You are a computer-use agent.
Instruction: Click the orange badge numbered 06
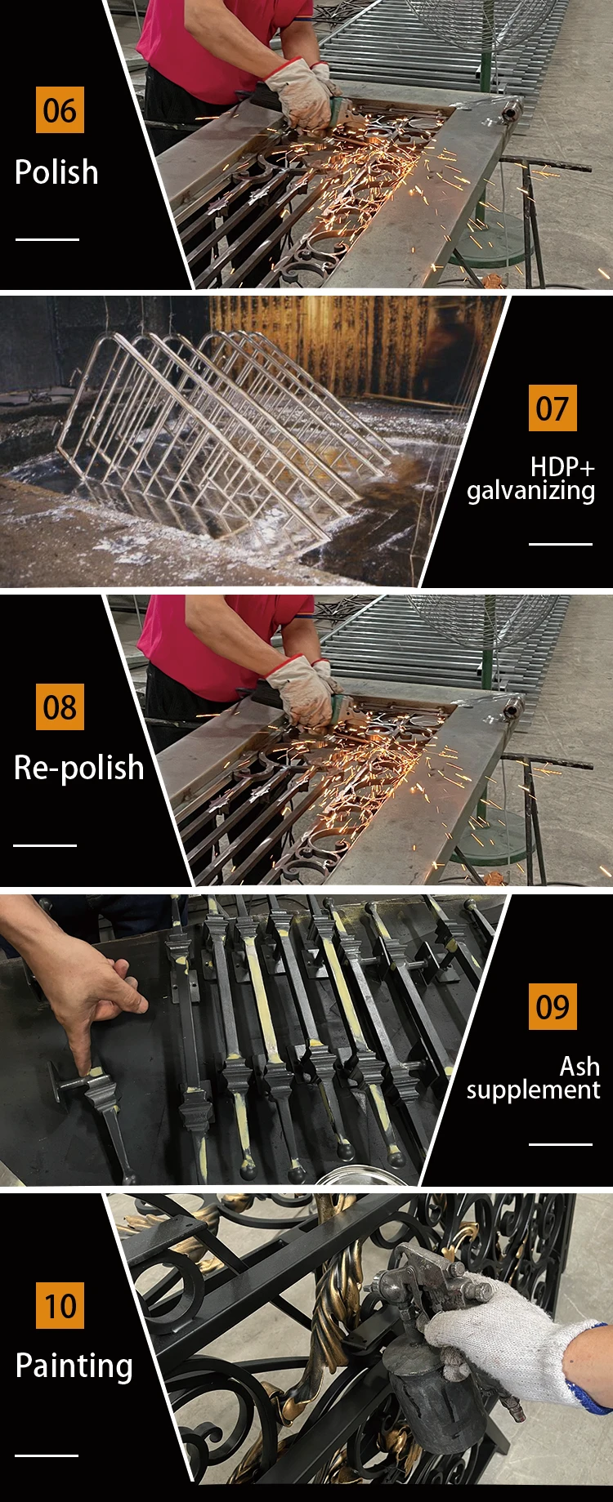[x=60, y=109]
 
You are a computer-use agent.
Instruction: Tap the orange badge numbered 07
[x=553, y=408]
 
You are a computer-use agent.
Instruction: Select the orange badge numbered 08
[x=60, y=707]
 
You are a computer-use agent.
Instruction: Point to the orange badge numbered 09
[x=553, y=1006]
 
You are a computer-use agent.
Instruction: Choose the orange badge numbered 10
[x=60, y=1305]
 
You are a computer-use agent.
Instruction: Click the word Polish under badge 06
[x=56, y=172]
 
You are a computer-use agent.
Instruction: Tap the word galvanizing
[x=530, y=492]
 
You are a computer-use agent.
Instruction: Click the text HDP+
[x=562, y=467]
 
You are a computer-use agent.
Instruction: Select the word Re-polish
[x=78, y=769]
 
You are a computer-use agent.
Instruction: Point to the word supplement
[x=533, y=1091]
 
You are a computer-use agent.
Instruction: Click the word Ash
[x=579, y=1066]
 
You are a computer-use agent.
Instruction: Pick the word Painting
[x=74, y=1366]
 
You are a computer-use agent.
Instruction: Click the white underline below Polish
[x=47, y=239]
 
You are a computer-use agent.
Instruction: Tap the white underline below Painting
[x=47, y=1455]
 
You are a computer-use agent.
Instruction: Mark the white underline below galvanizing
[x=561, y=543]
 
